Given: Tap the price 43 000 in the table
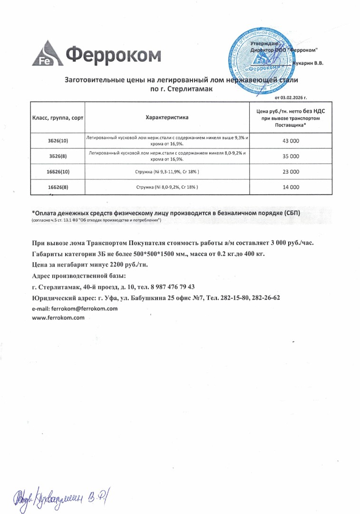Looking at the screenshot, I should [x=291, y=141].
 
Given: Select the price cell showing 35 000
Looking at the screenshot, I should [x=291, y=156].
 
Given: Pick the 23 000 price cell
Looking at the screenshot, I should [x=291, y=171].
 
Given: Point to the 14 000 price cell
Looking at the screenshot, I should [x=291, y=187].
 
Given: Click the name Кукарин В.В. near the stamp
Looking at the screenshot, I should [x=309, y=63].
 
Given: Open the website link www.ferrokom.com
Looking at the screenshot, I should [x=58, y=317].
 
